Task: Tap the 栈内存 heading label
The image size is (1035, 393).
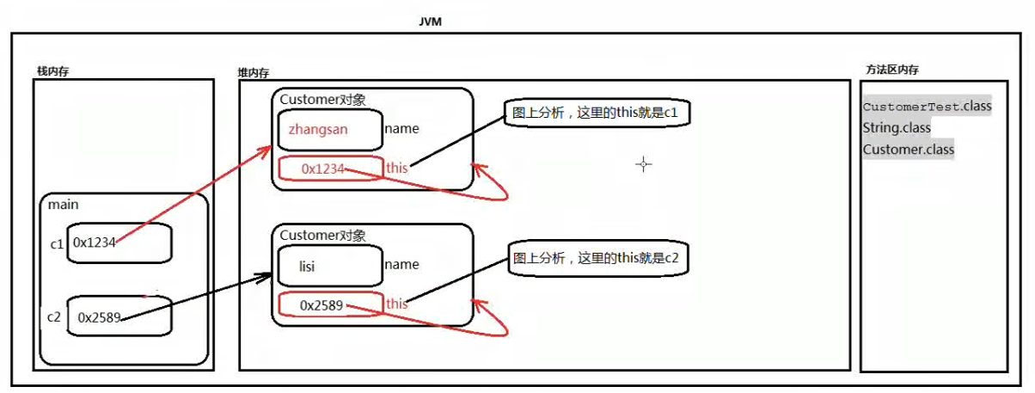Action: (52, 71)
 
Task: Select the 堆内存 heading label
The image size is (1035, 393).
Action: (254, 74)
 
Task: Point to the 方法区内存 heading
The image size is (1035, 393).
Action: (891, 70)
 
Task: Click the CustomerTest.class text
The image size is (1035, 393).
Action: (927, 107)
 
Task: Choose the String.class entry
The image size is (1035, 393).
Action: (897, 128)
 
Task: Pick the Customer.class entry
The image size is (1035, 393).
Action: (908, 150)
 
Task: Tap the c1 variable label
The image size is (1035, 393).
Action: (58, 243)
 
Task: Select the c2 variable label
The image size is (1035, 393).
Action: (54, 316)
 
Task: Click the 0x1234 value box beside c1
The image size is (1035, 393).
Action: (119, 243)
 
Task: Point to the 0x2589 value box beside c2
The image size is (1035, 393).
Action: (119, 316)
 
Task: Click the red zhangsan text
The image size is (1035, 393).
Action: (318, 130)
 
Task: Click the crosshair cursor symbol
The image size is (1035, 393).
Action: (643, 164)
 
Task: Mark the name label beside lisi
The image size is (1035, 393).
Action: (401, 265)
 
